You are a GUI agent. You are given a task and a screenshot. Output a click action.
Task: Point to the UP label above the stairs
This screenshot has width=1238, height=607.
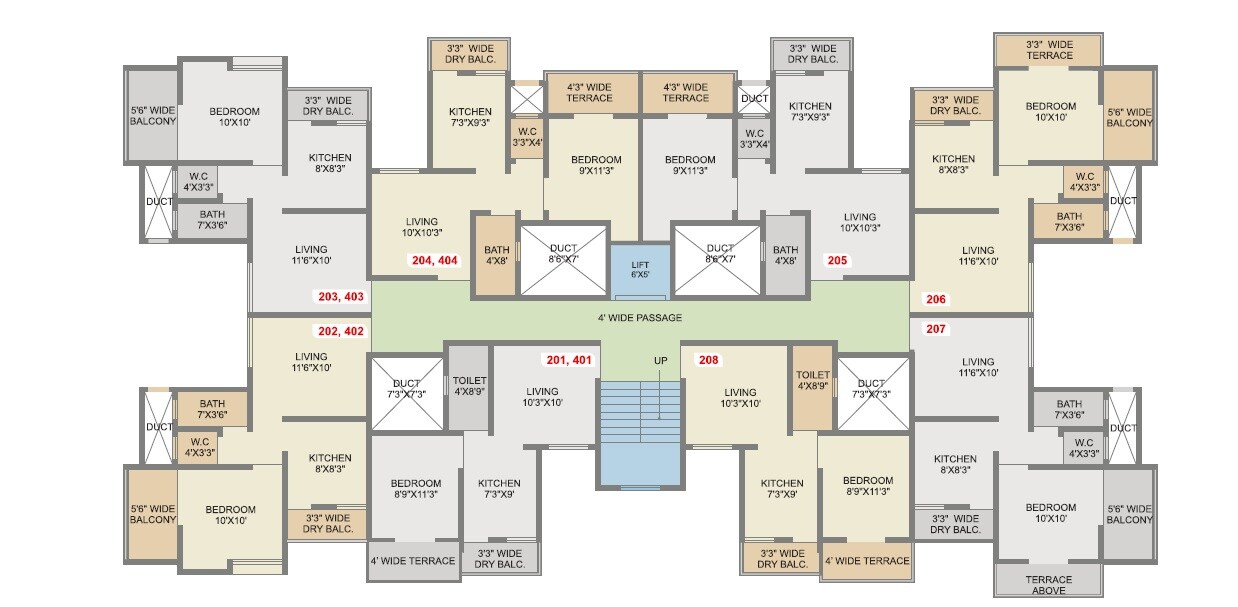[660, 360]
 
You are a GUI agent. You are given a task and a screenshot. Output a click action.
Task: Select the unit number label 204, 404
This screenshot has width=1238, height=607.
[434, 260]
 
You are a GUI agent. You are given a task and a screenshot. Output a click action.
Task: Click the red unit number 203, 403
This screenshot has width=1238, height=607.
[341, 297]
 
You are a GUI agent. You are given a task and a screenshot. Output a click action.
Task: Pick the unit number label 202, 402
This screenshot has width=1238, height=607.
[341, 331]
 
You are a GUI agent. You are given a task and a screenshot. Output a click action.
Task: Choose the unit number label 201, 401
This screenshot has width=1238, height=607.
[569, 360]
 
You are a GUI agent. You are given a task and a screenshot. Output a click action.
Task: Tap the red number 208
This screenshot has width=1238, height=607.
[709, 360]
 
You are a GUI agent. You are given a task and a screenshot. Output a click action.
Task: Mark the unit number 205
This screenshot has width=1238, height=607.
[837, 260]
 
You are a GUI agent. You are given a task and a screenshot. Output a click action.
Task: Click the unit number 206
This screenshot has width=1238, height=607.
[936, 299]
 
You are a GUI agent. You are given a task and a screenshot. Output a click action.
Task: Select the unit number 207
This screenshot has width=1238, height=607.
[936, 328]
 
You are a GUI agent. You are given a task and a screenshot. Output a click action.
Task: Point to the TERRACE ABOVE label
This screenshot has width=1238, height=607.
[1048, 585]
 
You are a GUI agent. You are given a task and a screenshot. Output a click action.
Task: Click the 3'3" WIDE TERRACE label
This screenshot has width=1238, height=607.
[1049, 50]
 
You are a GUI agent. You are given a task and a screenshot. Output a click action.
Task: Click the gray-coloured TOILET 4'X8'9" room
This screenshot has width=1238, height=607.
[469, 387]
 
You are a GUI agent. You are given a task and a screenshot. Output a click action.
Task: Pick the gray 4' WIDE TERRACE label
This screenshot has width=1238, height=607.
[413, 561]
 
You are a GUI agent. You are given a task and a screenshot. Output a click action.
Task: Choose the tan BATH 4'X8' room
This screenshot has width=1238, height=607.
[496, 255]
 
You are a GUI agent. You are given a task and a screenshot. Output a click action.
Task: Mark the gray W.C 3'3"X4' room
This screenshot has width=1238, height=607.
[754, 137]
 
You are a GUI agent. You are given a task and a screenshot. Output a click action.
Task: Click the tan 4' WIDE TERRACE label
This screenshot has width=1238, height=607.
[867, 561]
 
